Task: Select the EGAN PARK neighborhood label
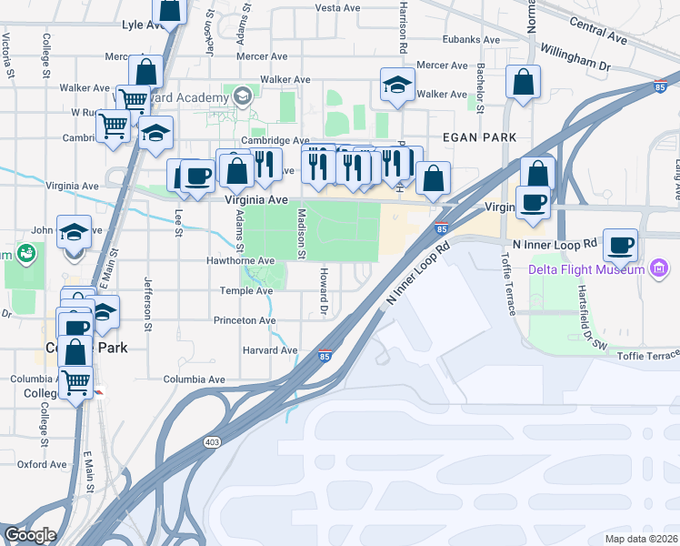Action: pos(479,136)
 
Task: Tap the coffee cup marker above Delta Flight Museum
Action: pos(620,245)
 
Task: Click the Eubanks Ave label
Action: pos(471,40)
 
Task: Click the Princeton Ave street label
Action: pos(245,320)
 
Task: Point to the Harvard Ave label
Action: pos(270,350)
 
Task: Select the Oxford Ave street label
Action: pos(43,464)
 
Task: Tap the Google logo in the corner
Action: pos(30,535)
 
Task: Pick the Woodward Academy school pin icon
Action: pos(243,96)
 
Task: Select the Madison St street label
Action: pos(301,232)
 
